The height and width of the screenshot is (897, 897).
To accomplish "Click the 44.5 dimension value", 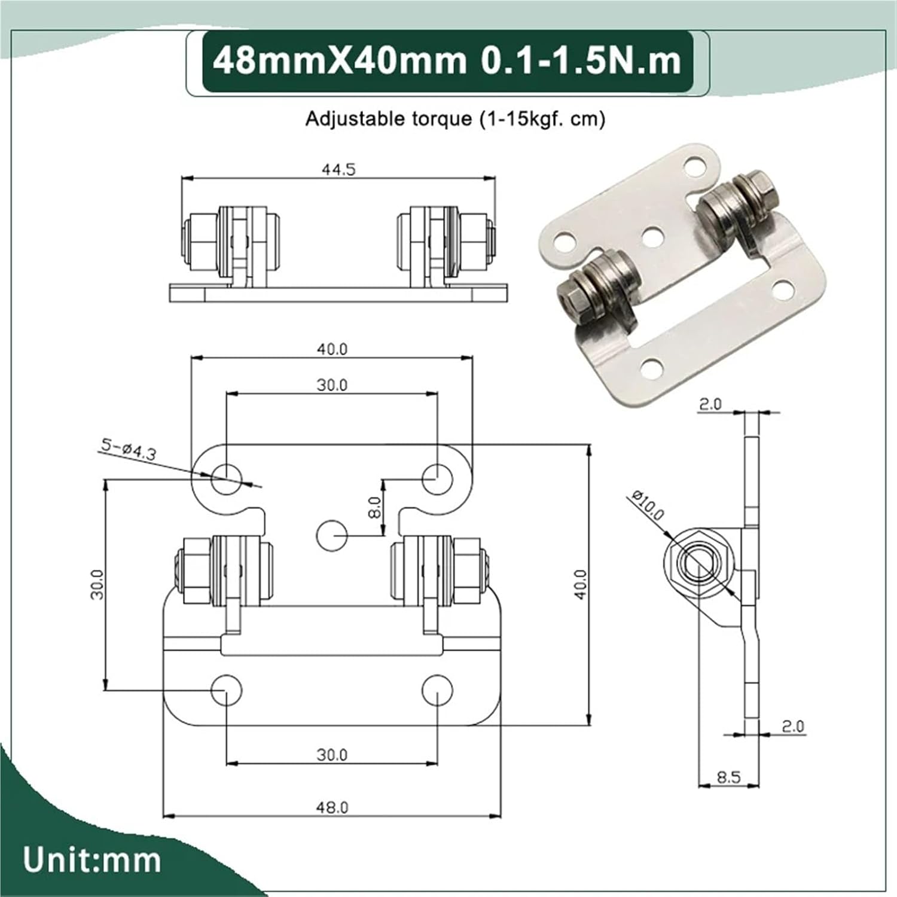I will (x=338, y=170).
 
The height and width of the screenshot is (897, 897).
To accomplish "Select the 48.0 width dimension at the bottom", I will (x=332, y=807).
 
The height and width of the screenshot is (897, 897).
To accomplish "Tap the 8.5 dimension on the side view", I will (x=728, y=777).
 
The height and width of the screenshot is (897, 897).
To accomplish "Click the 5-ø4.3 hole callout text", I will (x=128, y=449).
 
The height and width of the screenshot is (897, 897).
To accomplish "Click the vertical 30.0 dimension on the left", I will (x=97, y=584).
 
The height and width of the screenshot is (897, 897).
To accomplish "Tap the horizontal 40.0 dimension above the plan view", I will (x=332, y=349).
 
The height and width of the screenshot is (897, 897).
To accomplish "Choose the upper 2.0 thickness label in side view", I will (x=710, y=405).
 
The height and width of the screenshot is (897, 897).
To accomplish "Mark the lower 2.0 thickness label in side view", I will (x=792, y=726).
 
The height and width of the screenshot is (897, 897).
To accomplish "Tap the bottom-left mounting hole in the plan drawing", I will (x=227, y=690).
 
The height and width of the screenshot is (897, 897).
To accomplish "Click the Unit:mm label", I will (x=92, y=861).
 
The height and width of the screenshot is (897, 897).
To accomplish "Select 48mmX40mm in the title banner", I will (x=339, y=62).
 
